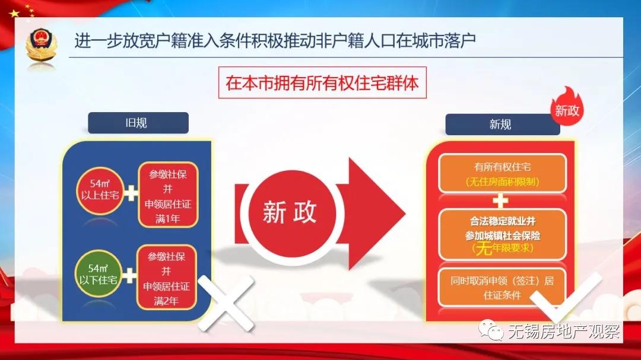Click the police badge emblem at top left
[x=41, y=44]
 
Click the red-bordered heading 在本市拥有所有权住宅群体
[x=322, y=82]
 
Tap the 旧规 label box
[x=138, y=123]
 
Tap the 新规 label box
[x=500, y=125]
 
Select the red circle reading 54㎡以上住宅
[x=99, y=193]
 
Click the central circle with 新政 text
[x=290, y=212]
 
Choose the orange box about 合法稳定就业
[x=502, y=235]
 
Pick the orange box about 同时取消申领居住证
[x=502, y=288]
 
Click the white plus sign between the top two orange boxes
[x=502, y=200]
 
